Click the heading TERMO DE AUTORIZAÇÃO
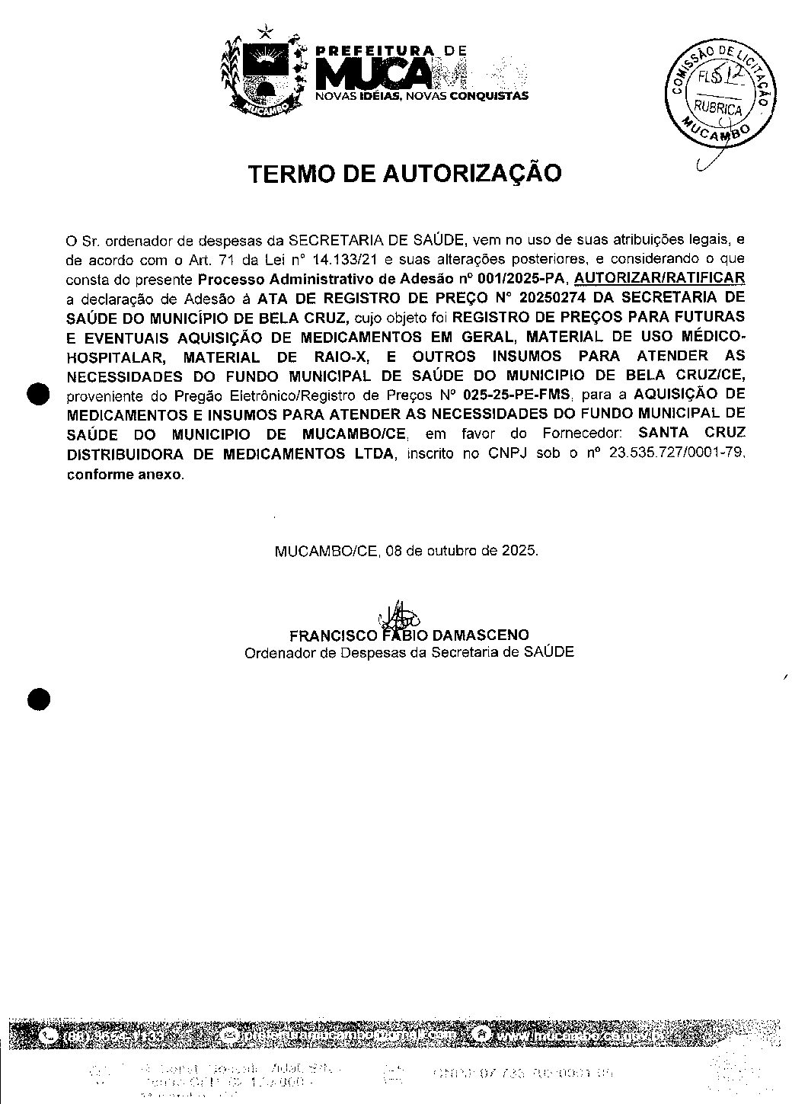(x=404, y=174)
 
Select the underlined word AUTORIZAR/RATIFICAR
(x=659, y=277)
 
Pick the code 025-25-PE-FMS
(x=516, y=395)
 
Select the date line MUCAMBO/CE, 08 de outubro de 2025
(x=406, y=550)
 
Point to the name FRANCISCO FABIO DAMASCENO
(x=409, y=635)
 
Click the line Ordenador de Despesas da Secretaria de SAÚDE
(x=409, y=652)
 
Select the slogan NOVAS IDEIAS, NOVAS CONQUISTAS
(x=422, y=97)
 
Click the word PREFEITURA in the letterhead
(x=375, y=50)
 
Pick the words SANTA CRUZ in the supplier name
(x=691, y=434)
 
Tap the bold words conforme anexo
(x=125, y=474)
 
